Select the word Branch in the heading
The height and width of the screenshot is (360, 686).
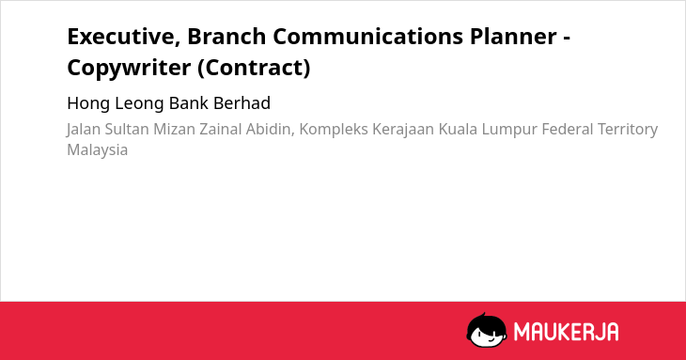[226, 36]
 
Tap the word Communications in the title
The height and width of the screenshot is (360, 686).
[368, 36]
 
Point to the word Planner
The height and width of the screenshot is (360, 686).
[514, 36]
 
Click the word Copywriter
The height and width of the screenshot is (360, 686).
[129, 69]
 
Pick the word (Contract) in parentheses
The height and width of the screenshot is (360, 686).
[254, 68]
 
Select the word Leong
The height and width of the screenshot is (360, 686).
[140, 103]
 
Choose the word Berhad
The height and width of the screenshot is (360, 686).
[242, 103]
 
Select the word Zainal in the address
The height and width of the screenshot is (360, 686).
[221, 129]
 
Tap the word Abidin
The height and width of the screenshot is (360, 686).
[270, 130]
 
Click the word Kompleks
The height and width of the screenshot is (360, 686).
[334, 130]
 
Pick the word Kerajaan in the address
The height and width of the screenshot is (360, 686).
[403, 130]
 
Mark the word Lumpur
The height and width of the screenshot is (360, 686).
[508, 130]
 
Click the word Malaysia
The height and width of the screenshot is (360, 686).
[98, 150]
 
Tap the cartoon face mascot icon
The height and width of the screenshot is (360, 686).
[487, 330]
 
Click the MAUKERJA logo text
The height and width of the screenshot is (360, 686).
[566, 332]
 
